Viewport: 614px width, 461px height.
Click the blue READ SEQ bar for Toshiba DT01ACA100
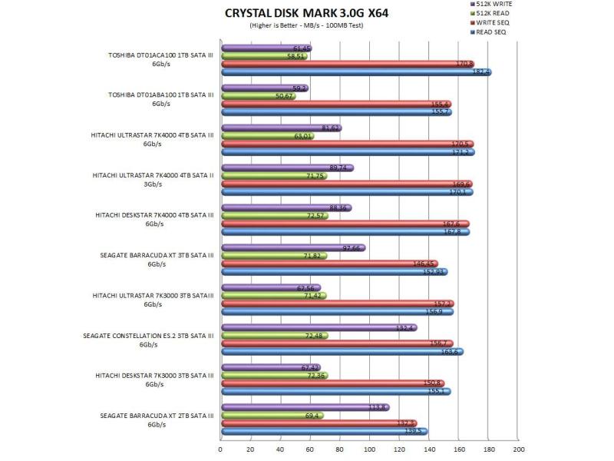point(355,72)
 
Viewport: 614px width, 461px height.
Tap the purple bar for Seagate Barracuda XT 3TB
point(292,247)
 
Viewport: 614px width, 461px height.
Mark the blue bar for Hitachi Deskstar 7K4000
point(345,231)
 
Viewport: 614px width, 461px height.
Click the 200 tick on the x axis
point(519,449)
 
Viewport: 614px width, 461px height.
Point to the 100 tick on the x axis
point(370,449)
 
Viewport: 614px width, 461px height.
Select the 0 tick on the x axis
point(221,449)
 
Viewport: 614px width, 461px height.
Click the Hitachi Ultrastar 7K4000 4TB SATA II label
point(153,175)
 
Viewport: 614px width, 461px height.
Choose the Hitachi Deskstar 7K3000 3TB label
point(153,375)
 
